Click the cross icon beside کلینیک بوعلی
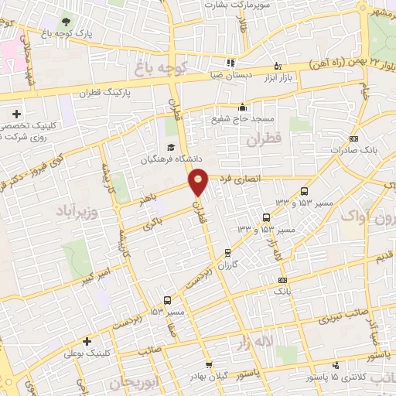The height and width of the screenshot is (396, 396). click(87, 340)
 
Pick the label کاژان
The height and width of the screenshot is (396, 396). click(227, 263)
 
